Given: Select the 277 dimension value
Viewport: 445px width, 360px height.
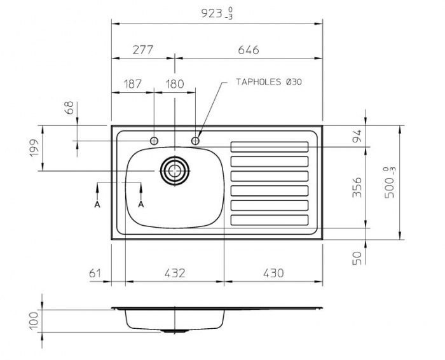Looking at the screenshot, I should point(143,50).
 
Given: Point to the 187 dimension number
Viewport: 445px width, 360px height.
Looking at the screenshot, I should point(133,84).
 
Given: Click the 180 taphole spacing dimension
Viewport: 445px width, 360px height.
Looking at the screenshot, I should point(174,84).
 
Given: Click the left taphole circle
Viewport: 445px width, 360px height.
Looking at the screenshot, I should point(154,140).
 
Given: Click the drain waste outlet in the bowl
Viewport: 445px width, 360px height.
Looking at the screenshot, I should point(174,170).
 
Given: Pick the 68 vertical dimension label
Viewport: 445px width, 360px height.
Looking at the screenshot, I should point(69,107).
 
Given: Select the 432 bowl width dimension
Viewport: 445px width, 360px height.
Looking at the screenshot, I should point(174,273).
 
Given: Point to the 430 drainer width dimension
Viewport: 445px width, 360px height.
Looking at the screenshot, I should point(273,273).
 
